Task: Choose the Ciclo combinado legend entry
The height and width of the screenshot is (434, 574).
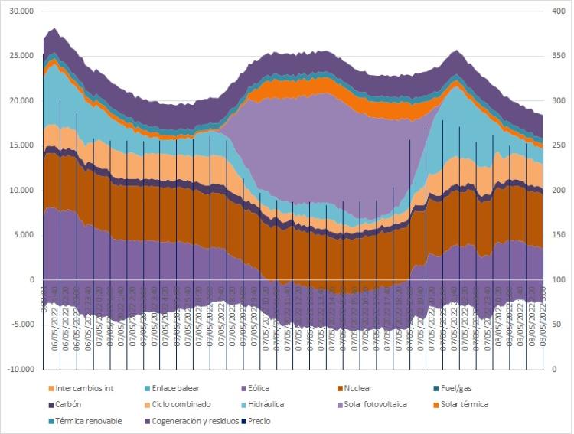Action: click(172, 404)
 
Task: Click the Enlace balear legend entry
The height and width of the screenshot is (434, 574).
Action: click(174, 388)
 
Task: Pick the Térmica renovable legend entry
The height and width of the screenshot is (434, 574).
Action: click(88, 420)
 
